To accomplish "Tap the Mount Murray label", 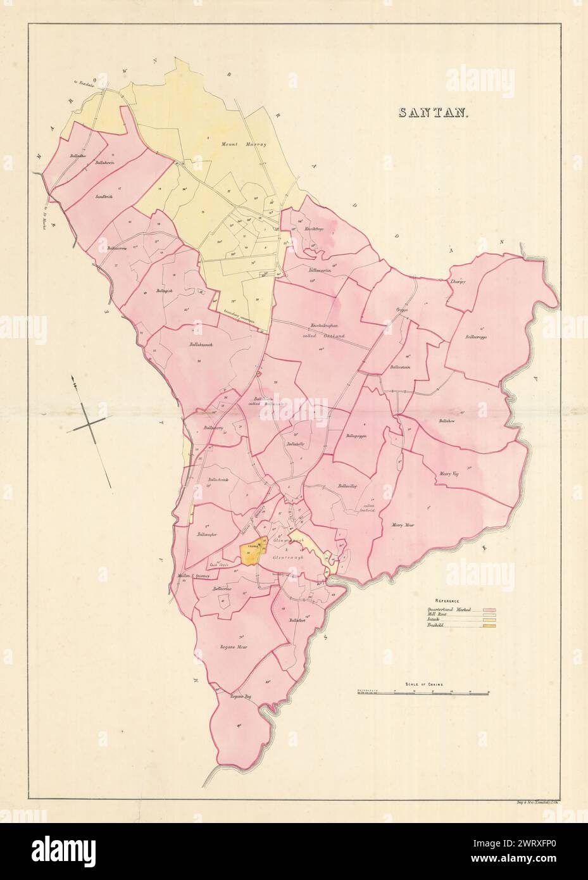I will [235, 145].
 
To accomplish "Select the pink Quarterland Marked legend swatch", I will [489, 609].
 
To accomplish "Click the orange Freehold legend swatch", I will [489, 626].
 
